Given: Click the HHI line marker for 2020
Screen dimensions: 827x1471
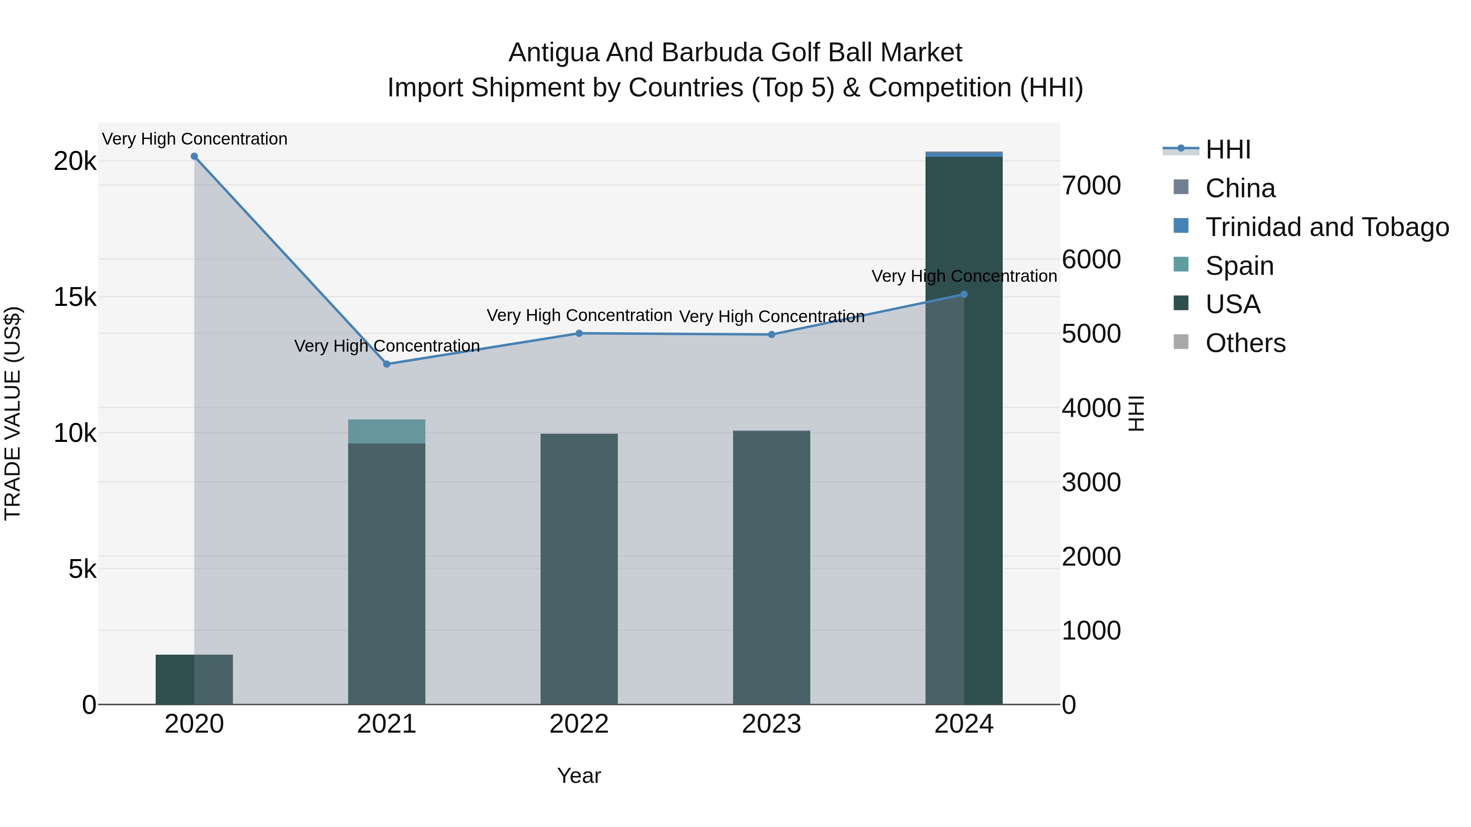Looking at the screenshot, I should [194, 156].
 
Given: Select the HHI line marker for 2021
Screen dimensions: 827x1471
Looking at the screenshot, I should [387, 364].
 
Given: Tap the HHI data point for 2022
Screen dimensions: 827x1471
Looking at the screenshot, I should [579, 333].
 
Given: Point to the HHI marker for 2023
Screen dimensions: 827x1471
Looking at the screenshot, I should [771, 334].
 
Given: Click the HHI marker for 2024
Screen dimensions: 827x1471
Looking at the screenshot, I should [964, 294].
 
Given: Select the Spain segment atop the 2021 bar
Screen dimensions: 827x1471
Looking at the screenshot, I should [387, 432].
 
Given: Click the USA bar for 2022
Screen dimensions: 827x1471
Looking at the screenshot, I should [579, 571].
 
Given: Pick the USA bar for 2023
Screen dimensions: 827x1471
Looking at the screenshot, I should [771, 571].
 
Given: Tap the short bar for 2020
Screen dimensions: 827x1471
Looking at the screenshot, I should [194, 679].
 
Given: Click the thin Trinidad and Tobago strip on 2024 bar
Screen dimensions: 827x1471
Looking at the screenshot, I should [964, 154].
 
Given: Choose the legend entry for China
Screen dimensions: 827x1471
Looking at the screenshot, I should [1240, 188].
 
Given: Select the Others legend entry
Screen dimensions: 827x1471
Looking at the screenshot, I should [1245, 343].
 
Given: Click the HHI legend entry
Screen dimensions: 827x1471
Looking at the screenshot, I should [1228, 149].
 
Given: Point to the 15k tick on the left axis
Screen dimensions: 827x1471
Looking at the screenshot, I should [75, 297].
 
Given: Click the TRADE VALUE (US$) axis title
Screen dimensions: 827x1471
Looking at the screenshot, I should [13, 413].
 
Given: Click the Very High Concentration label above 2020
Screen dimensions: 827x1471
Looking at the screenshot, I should [194, 139].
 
